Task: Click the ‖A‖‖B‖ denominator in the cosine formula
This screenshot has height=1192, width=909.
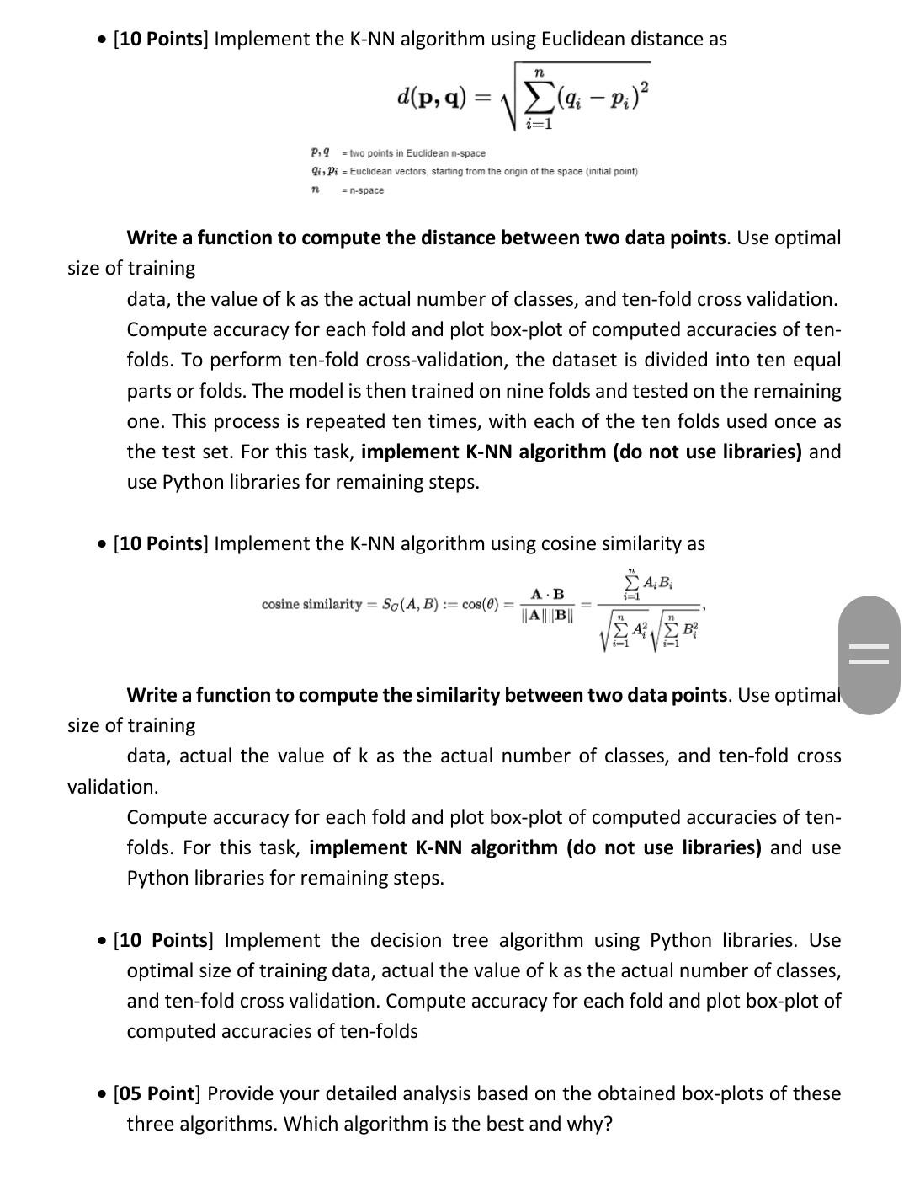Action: (547, 616)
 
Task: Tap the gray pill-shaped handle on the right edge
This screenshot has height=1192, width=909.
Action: (869, 655)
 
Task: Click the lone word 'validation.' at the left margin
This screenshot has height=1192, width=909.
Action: (113, 787)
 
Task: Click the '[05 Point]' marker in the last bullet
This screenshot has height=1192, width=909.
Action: (157, 1093)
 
